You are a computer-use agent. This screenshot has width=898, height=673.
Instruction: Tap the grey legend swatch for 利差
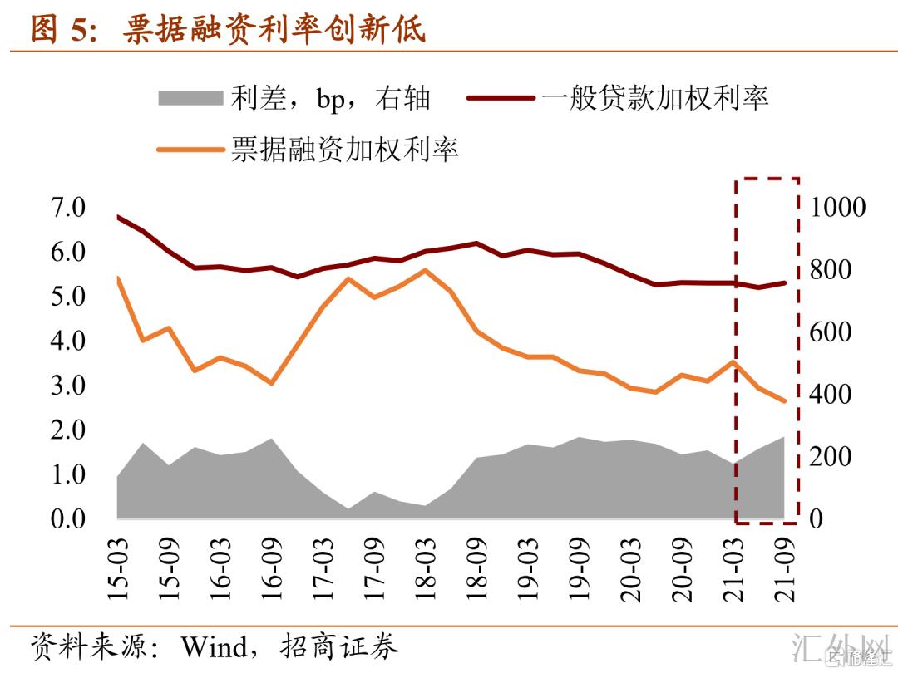tap(190, 98)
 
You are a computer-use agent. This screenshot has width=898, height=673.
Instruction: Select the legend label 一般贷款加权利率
tap(654, 98)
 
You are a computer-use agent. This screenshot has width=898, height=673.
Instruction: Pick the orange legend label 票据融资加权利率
tap(345, 150)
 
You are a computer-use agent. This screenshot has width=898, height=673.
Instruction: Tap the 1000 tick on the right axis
tap(836, 207)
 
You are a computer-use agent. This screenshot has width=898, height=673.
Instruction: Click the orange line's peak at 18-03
tap(425, 270)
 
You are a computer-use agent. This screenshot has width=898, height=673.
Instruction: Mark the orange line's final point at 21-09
tap(783, 400)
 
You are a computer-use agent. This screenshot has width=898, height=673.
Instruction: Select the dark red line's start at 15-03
tap(118, 217)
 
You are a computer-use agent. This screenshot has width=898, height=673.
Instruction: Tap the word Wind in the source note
tap(215, 646)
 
